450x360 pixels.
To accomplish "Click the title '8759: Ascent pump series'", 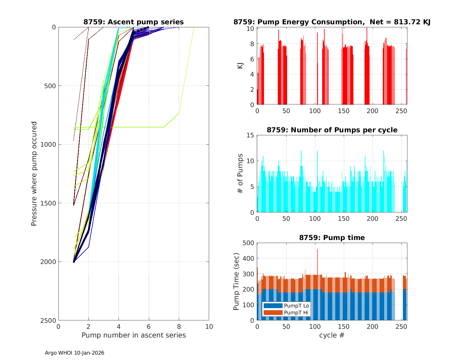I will (x=133, y=22).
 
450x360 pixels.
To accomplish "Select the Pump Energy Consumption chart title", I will (x=332, y=22).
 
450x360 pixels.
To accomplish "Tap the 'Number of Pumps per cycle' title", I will (x=332, y=130).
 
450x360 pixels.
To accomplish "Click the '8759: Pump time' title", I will (x=332, y=238).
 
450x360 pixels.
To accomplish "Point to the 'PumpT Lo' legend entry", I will (x=296, y=306).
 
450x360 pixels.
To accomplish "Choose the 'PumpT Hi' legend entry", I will (x=296, y=313).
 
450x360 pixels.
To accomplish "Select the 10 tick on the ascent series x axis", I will (x=209, y=327).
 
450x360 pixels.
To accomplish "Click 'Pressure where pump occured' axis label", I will (x=34, y=173).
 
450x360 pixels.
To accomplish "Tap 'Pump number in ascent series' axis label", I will (x=133, y=335).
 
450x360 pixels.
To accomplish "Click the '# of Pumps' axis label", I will (x=240, y=173).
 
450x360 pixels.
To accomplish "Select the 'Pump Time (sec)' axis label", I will (x=236, y=281).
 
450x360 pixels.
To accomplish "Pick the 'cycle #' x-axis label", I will (x=332, y=335).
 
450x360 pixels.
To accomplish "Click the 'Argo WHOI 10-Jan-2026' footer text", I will (x=75, y=353).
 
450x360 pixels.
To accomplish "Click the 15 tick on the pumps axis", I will (x=250, y=136).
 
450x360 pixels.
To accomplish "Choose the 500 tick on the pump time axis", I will (x=249, y=243).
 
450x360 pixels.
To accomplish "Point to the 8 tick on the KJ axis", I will (x=252, y=44).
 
